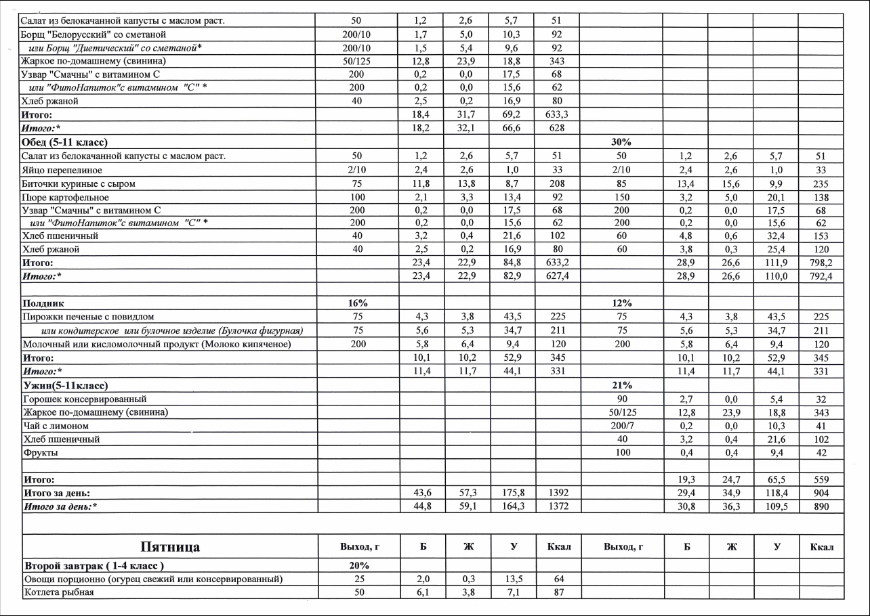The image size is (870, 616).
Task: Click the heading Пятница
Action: click(x=170, y=547)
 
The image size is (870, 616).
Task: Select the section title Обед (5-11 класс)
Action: click(x=65, y=142)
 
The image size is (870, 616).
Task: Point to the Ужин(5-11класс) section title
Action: click(x=65, y=386)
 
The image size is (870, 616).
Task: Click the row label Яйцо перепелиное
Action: click(x=62, y=170)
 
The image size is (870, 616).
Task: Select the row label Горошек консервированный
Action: click(x=84, y=399)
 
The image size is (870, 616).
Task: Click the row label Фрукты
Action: click(x=40, y=452)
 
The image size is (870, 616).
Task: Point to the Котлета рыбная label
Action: click(x=58, y=592)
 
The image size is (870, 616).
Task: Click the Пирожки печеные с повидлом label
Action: click(x=88, y=317)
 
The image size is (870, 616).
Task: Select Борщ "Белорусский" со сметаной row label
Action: click(x=94, y=34)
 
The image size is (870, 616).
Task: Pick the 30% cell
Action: click(x=621, y=142)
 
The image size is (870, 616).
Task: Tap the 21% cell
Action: click(x=621, y=386)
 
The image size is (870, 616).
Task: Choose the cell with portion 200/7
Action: click(x=621, y=426)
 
